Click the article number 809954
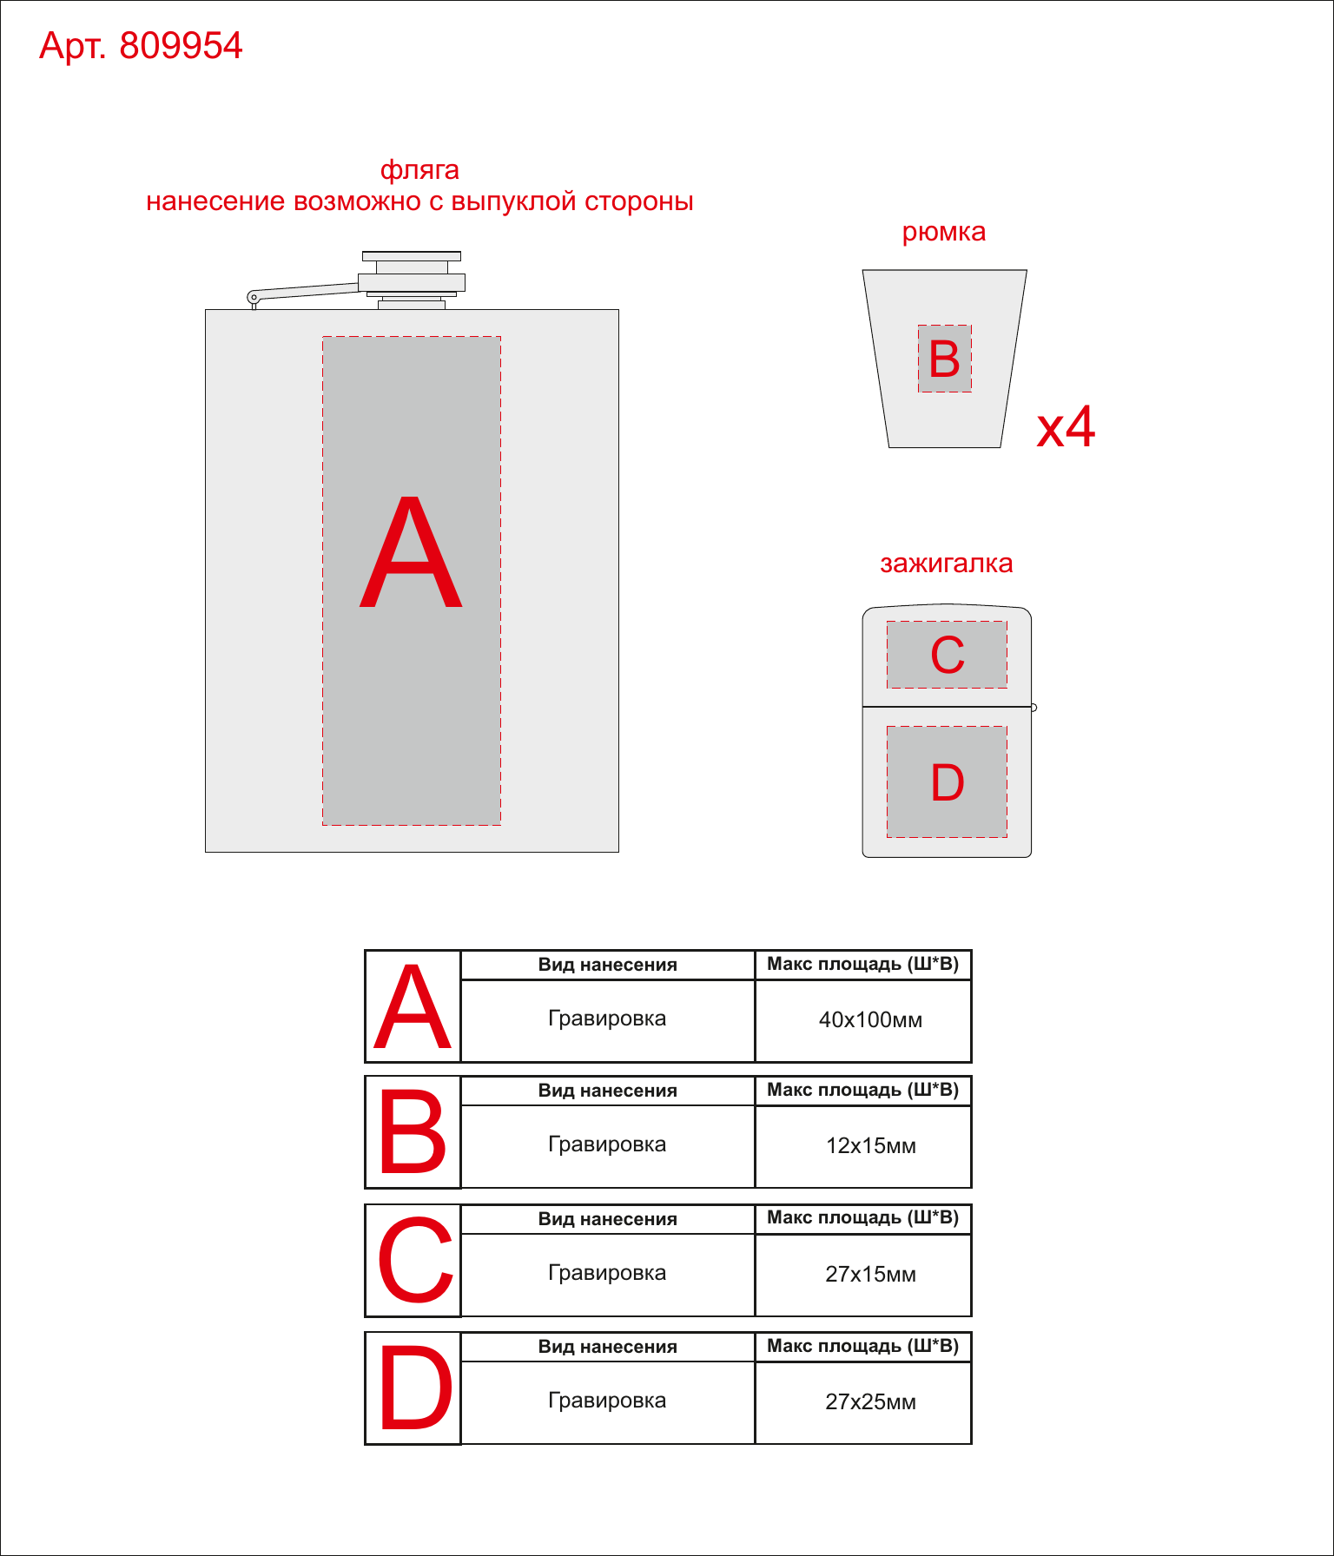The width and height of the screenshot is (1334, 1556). (x=181, y=46)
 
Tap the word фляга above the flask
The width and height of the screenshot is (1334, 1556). (x=419, y=170)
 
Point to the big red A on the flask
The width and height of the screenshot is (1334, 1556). (x=411, y=552)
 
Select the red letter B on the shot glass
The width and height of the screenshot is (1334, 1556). (x=945, y=359)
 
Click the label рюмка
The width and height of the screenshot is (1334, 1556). (x=944, y=233)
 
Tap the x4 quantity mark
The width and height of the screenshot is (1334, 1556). (x=1067, y=426)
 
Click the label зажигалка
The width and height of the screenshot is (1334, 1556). (x=947, y=564)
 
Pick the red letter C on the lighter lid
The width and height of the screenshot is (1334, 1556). (x=948, y=655)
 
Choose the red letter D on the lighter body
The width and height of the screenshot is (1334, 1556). (x=948, y=782)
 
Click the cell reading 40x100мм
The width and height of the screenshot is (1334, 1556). (x=870, y=1019)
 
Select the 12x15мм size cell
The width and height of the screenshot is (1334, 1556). (x=870, y=1145)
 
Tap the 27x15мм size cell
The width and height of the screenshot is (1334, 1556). (x=870, y=1274)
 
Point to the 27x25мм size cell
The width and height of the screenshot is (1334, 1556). (x=870, y=1401)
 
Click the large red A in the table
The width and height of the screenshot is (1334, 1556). (x=413, y=1006)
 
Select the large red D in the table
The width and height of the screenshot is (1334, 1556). (x=416, y=1387)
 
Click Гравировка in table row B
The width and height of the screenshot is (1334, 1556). (x=607, y=1144)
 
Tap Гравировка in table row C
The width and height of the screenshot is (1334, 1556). (x=607, y=1273)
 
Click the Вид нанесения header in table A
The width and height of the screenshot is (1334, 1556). (x=607, y=965)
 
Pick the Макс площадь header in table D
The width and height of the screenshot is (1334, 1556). (x=862, y=1346)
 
